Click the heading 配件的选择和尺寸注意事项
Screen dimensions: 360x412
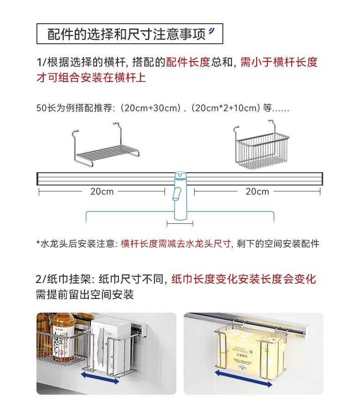[127, 34]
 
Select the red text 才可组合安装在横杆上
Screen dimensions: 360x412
[91, 77]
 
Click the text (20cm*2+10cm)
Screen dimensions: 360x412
[226, 109]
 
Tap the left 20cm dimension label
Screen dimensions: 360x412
[102, 192]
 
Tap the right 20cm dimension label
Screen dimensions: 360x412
[257, 192]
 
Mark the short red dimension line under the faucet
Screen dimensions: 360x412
[180, 223]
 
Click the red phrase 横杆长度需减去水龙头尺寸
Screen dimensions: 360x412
[176, 244]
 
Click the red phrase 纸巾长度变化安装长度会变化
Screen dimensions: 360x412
[243, 279]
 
